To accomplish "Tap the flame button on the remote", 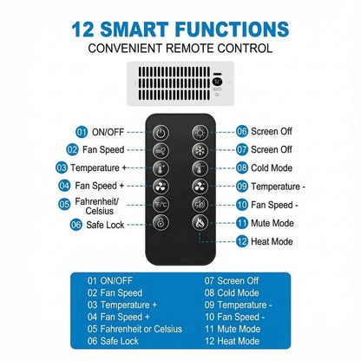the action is coord(200,223).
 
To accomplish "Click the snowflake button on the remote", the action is coord(200,150).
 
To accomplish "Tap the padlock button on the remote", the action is coord(161,223).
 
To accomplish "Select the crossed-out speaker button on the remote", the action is coord(200,205).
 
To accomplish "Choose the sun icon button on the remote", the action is coord(200,133).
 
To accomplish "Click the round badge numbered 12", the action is coord(242,241).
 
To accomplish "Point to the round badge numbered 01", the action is coord(82,132).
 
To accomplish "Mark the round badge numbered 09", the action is coord(242,187).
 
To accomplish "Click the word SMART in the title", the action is coord(135,30).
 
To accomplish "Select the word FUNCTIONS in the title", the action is coord(232,30).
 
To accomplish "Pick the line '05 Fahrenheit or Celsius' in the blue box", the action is coord(135,329).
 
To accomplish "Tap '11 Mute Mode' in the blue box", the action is coord(233,329).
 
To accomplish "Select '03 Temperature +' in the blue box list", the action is coord(122,305).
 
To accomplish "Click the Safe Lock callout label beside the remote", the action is coord(105,225).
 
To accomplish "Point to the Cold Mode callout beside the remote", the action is coord(272,168).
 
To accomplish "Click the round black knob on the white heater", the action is coord(217,82).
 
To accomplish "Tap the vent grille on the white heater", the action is coord(174,83).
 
